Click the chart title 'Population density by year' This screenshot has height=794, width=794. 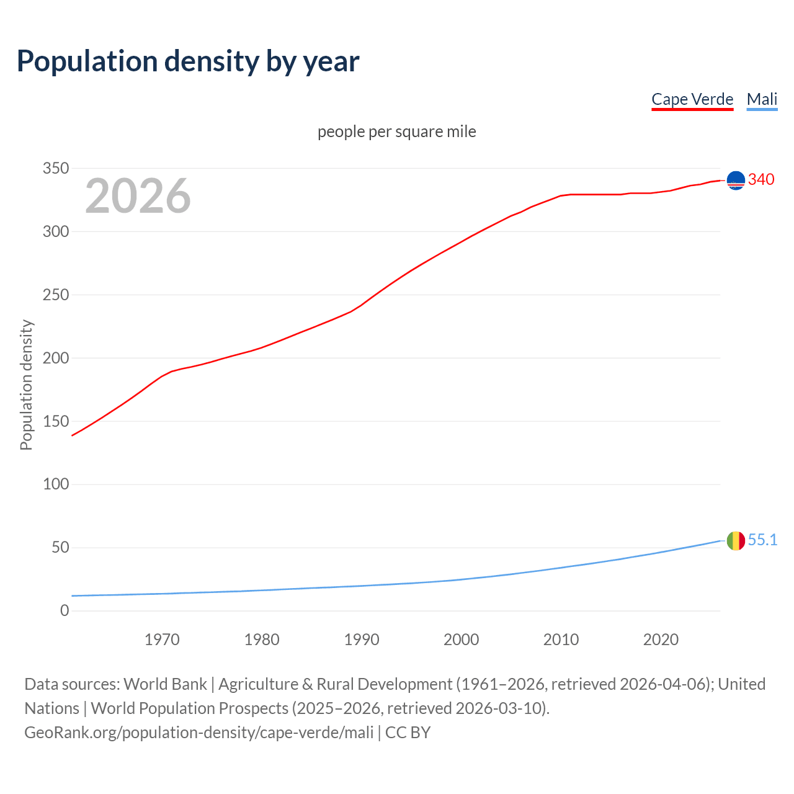[x=188, y=61]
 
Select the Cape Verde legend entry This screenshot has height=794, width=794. [x=692, y=99]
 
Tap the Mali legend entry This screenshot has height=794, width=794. [x=762, y=99]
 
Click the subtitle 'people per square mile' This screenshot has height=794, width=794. [x=397, y=132]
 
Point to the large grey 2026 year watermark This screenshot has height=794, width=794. [x=138, y=196]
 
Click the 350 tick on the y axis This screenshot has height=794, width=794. [x=56, y=168]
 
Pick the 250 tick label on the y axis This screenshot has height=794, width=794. [x=56, y=295]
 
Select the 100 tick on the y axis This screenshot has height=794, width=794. [x=56, y=484]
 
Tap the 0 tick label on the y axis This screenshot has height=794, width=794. [x=65, y=610]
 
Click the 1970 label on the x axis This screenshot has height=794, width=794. [x=162, y=640]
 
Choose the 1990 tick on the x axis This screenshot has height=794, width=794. [x=362, y=640]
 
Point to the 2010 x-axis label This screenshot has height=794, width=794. [x=561, y=640]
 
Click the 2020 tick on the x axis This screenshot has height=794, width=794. [x=661, y=640]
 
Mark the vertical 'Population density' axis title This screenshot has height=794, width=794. [x=26, y=385]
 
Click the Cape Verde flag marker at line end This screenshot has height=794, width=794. [x=736, y=181]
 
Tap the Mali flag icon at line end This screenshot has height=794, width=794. [x=736, y=541]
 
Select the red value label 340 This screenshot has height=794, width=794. [x=761, y=179]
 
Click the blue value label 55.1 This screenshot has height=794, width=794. [x=762, y=540]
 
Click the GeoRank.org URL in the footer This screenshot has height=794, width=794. [x=198, y=732]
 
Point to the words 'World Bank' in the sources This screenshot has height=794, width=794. [x=165, y=684]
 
